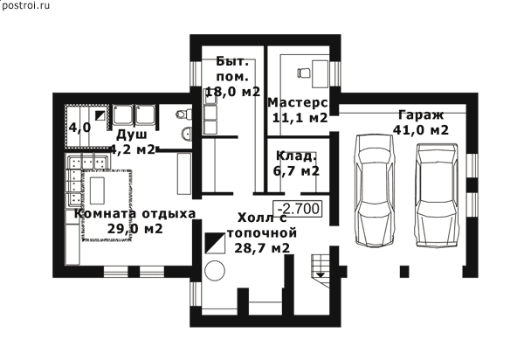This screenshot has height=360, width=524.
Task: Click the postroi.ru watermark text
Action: tap(25, 6)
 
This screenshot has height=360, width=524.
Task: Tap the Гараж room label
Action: tap(421, 115)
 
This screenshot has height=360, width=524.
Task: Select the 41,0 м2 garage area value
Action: tap(420, 129)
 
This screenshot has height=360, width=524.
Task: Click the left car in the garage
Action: tap(374, 190)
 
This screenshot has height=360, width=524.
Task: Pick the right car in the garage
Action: tap(437, 196)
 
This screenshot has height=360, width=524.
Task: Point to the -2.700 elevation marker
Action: tap(298, 209)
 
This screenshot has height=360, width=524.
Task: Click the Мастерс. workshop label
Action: tap(298, 103)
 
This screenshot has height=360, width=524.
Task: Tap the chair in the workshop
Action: tap(303, 73)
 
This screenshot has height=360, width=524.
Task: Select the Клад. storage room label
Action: tap(296, 156)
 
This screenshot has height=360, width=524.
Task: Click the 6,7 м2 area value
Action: tap(296, 170)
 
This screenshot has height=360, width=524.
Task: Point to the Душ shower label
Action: tap(132, 135)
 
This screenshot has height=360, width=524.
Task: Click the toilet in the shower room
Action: tap(183, 114)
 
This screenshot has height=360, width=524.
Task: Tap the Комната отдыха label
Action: tap(134, 213)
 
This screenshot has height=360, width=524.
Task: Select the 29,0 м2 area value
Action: tap(134, 229)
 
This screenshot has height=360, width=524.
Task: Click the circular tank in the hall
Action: tap(215, 271)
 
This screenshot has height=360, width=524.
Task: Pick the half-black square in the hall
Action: tap(215, 244)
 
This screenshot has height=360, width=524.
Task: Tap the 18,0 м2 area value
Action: tap(232, 91)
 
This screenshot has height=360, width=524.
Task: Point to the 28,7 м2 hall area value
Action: tap(262, 248)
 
